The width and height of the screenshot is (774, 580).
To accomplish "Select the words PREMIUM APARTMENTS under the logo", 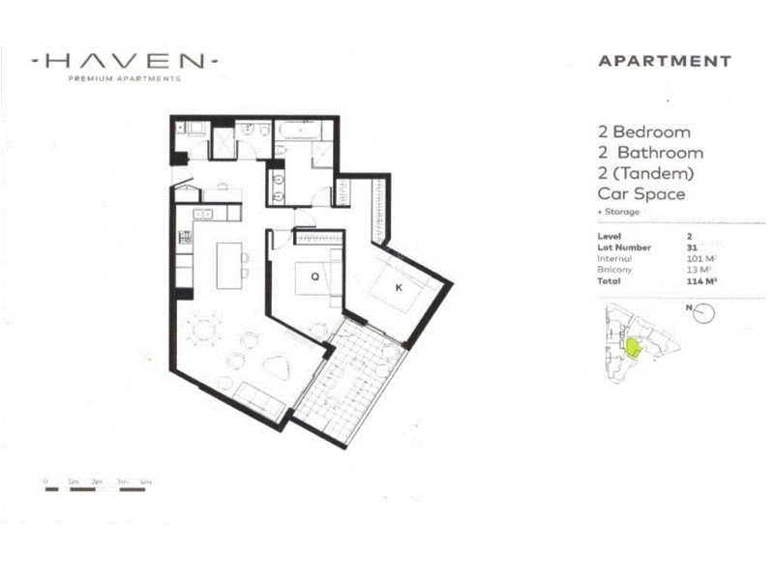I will [x=125, y=79].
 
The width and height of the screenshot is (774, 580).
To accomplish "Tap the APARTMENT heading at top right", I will [x=664, y=61].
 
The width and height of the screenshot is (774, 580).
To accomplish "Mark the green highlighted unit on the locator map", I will [x=634, y=346].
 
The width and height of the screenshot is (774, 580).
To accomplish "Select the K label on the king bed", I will [x=397, y=287].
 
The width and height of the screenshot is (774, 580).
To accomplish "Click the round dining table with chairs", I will [x=204, y=331].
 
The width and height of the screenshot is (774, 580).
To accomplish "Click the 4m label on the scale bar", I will [x=145, y=480].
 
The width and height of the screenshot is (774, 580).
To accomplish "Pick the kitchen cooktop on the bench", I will [x=184, y=237].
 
